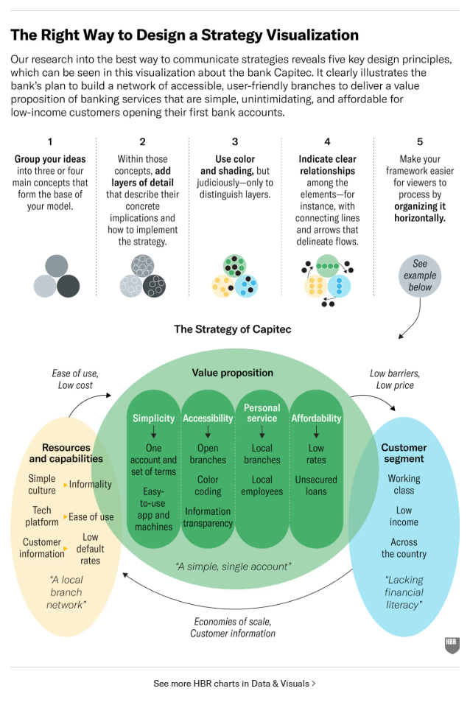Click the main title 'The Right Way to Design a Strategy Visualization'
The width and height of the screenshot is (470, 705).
pos(184,35)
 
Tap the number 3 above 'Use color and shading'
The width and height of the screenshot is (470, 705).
pos(235,142)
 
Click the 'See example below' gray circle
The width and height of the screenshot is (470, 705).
pos(420,276)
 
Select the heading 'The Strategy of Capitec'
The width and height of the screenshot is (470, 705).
pos(232,329)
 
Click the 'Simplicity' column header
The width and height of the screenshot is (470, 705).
pos(153,418)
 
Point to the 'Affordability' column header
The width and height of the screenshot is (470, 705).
pos(316,418)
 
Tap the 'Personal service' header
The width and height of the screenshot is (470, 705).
pos(262,413)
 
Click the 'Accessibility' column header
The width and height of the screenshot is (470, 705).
pos(208,418)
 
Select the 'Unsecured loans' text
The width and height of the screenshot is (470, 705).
pos(316,485)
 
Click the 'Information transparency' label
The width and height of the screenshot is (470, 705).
pos(208,517)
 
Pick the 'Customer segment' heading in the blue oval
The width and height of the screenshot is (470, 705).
pos(404,453)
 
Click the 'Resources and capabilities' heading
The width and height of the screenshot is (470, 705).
pos(66,453)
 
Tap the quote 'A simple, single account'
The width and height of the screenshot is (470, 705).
pos(233,567)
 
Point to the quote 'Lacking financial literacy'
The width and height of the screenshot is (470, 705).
pos(404,592)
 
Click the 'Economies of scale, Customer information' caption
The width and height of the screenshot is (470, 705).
pos(233,628)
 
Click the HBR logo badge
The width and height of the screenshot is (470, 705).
pos(452,645)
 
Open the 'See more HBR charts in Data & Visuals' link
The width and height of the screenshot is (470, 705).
pos(234,683)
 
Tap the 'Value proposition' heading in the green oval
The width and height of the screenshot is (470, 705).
pos(233,373)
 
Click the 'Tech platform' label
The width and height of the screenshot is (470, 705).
pos(42,516)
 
